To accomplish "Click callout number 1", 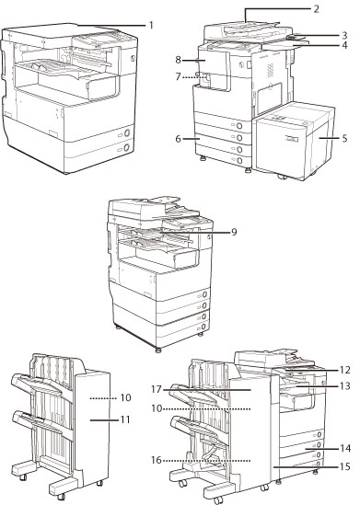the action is click(151, 25).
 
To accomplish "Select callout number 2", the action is click(316, 9).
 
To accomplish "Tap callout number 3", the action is click(344, 35).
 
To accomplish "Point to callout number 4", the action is click(344, 45).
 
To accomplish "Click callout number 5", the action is click(344, 138).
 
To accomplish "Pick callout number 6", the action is click(179, 139).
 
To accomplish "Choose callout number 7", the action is click(179, 77).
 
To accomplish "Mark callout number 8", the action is click(179, 60).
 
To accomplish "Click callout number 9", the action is click(234, 232).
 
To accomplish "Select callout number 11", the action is click(125, 419).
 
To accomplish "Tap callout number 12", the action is click(344, 370).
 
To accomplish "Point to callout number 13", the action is click(344, 385).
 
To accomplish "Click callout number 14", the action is click(344, 448).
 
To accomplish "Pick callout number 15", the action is click(344, 466).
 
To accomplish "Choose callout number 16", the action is click(157, 460).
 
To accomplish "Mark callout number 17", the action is click(157, 389).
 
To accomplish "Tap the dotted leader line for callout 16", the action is click(206, 461).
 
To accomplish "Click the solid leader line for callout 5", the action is click(330, 138).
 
